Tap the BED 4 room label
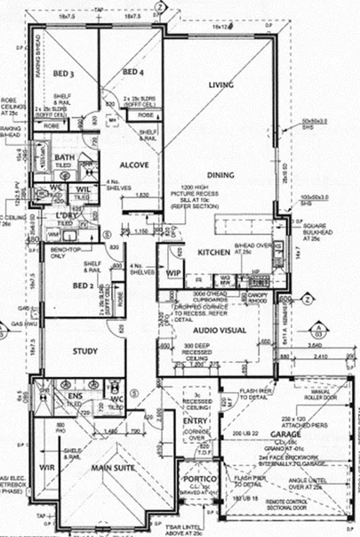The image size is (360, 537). pos(132,71)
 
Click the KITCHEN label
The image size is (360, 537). pos(214,252)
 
